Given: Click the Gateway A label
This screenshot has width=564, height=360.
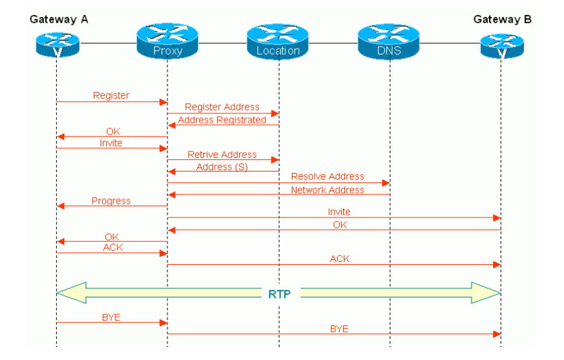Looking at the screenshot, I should point(59,19).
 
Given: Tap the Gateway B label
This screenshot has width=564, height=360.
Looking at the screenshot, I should point(502,19).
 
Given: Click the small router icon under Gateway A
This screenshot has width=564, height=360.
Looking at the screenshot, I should point(57,44).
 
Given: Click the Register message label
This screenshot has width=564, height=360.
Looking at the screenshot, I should point(111,96).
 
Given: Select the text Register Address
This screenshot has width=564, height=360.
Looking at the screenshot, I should point(222,107).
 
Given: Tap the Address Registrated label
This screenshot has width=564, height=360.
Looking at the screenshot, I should point(222,120).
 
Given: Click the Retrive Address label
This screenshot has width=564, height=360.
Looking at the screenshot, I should point(222,155).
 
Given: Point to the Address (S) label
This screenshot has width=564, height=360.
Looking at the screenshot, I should point(222,167).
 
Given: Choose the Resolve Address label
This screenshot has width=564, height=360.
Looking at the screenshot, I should point(328,177).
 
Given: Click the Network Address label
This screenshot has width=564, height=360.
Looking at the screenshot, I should point(328,190).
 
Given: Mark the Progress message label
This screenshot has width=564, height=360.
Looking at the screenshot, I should point(111,201).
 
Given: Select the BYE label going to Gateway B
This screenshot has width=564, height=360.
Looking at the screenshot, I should point(339,329).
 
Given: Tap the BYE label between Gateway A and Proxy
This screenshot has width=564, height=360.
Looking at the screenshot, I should point(111,317).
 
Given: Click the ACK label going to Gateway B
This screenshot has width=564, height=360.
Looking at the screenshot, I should point(339,259).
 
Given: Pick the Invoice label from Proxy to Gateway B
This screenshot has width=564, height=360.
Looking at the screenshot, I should point(339,212).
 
